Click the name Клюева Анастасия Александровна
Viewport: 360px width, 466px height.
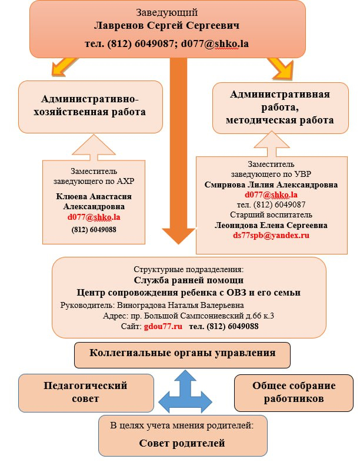[94, 202]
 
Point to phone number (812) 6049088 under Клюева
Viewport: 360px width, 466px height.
[94, 230]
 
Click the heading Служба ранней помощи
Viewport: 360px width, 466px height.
[188, 280]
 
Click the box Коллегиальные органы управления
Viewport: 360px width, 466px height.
[182, 354]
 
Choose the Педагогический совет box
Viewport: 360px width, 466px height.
[86, 392]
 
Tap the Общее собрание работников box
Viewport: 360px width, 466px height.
[294, 392]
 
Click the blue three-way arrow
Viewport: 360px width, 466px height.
[186, 393]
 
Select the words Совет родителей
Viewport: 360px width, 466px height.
[182, 443]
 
